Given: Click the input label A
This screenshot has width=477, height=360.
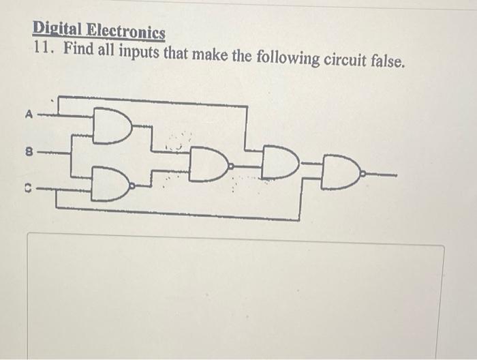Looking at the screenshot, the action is point(29,115).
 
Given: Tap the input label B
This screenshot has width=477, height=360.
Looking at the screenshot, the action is point(29,151).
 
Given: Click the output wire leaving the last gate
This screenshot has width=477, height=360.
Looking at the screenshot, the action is point(382,175).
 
